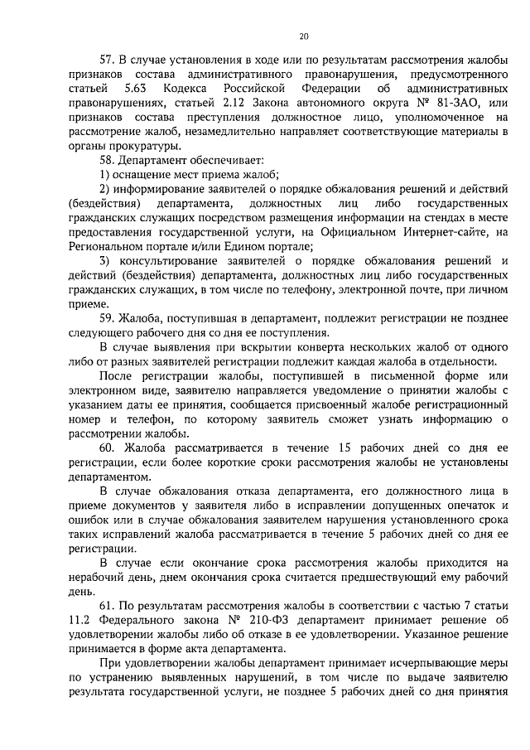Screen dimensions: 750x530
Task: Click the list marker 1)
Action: (x=105, y=175)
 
